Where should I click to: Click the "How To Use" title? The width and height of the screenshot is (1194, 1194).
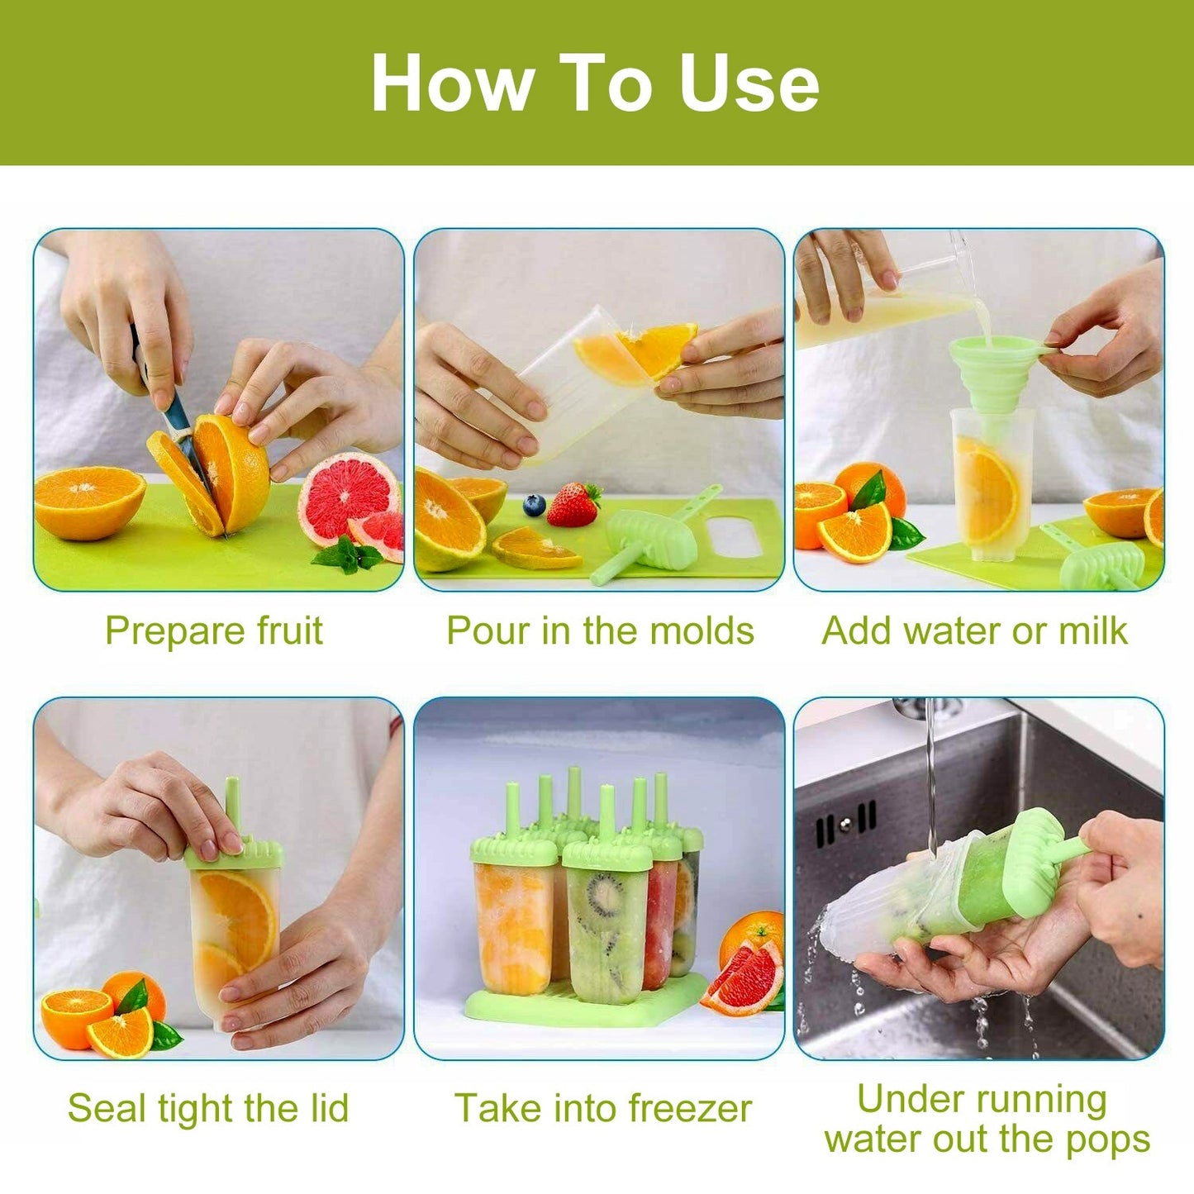click(x=595, y=83)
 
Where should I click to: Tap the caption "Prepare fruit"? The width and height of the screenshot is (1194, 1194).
click(x=213, y=631)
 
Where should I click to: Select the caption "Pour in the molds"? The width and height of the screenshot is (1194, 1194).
click(x=600, y=631)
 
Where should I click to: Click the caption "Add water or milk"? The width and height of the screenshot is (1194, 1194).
click(x=974, y=631)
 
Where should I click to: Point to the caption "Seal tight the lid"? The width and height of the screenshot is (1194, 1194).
click(x=208, y=1108)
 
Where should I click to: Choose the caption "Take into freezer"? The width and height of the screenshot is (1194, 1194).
click(x=603, y=1108)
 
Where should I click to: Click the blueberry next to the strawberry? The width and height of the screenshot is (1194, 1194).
click(x=535, y=505)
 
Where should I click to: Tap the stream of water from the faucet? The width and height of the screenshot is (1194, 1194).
click(x=931, y=768)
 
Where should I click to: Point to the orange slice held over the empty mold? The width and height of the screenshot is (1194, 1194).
click(x=635, y=351)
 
